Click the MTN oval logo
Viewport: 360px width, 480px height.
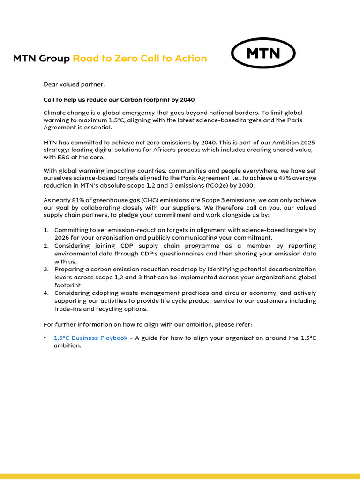coord(263,53)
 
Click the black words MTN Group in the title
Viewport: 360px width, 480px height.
coord(41,59)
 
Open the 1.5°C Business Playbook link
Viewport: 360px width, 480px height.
coord(90,338)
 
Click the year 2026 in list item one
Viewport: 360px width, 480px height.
coord(62,238)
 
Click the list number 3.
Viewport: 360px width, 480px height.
coord(46,270)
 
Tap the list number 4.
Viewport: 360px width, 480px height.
coord(46,293)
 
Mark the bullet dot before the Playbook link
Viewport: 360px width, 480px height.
coord(45,338)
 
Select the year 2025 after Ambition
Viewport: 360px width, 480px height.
coord(307,142)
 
